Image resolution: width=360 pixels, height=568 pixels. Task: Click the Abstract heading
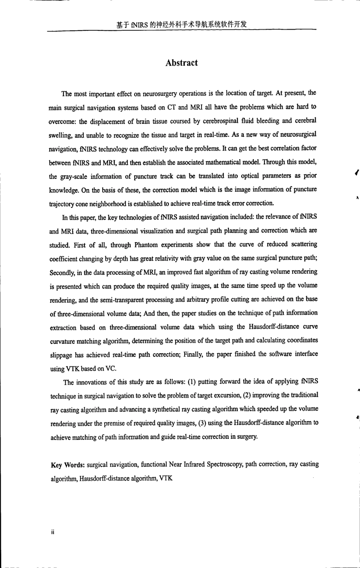(x=182, y=63)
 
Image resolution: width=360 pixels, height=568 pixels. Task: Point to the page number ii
(x=53, y=532)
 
